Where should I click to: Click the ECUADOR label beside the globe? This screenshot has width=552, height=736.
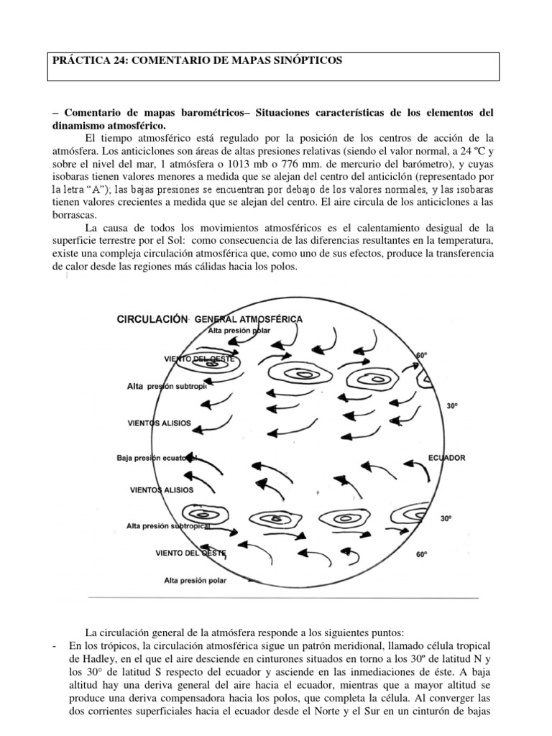coord(446,458)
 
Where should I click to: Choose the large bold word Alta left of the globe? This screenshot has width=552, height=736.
coord(137,387)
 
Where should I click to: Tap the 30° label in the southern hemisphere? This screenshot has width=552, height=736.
coord(446,517)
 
